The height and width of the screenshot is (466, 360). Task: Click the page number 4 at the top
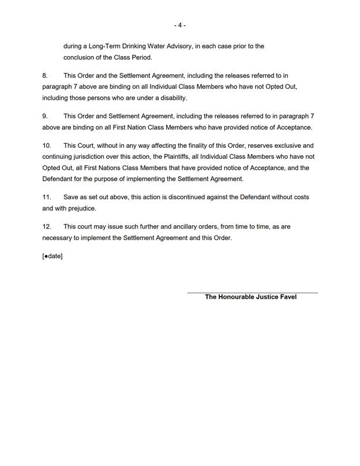[180, 25]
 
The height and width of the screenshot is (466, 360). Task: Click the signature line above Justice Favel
[252, 293]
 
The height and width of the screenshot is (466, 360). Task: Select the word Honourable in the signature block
[239, 297]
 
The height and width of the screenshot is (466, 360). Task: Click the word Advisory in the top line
[172, 46]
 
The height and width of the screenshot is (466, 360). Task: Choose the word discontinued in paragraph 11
[209, 197]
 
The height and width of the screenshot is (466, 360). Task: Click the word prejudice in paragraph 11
[80, 208]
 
